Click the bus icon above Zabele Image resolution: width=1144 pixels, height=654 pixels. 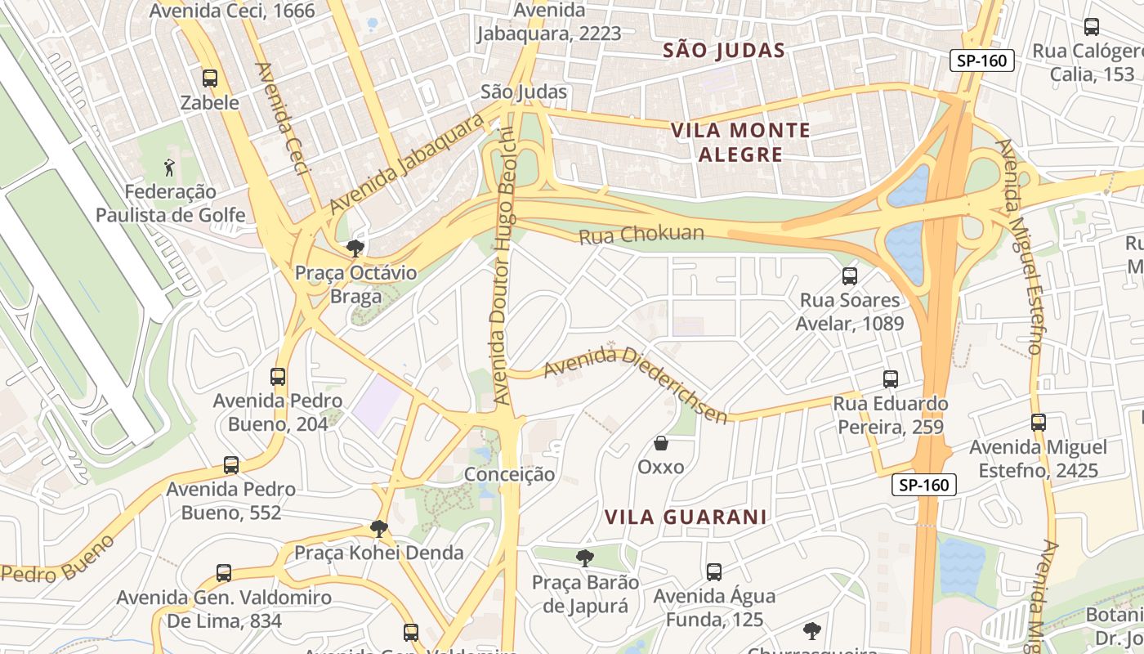tap(210, 78)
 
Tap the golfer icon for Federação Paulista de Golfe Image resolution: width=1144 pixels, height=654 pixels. tap(170, 168)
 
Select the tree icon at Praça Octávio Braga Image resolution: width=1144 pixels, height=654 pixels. tap(355, 248)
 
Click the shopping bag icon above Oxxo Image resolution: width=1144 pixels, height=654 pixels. tap(661, 443)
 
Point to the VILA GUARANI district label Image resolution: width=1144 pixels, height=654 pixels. tap(686, 517)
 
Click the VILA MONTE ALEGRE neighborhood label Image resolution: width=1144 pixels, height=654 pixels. tap(740, 142)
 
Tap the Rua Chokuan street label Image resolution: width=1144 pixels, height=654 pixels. tap(641, 235)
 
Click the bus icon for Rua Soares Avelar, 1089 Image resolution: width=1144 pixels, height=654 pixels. tap(850, 276)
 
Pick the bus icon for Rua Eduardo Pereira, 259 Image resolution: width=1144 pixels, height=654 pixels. tap(891, 379)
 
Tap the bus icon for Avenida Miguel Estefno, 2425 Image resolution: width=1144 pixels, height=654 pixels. tap(1038, 423)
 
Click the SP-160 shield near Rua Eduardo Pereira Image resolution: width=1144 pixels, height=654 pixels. tap(923, 485)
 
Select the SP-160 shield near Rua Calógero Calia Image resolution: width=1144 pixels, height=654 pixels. tap(981, 60)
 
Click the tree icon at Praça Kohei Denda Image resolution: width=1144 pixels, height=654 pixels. tap(378, 528)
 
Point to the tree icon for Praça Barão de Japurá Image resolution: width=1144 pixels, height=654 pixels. tap(584, 558)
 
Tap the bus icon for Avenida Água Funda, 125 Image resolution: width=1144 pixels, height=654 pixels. tap(714, 572)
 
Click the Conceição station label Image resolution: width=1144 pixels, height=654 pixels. tap(509, 474)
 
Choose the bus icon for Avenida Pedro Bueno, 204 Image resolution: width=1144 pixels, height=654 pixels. tap(278, 377)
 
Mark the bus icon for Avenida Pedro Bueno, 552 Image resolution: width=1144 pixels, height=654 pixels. tap(231, 465)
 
